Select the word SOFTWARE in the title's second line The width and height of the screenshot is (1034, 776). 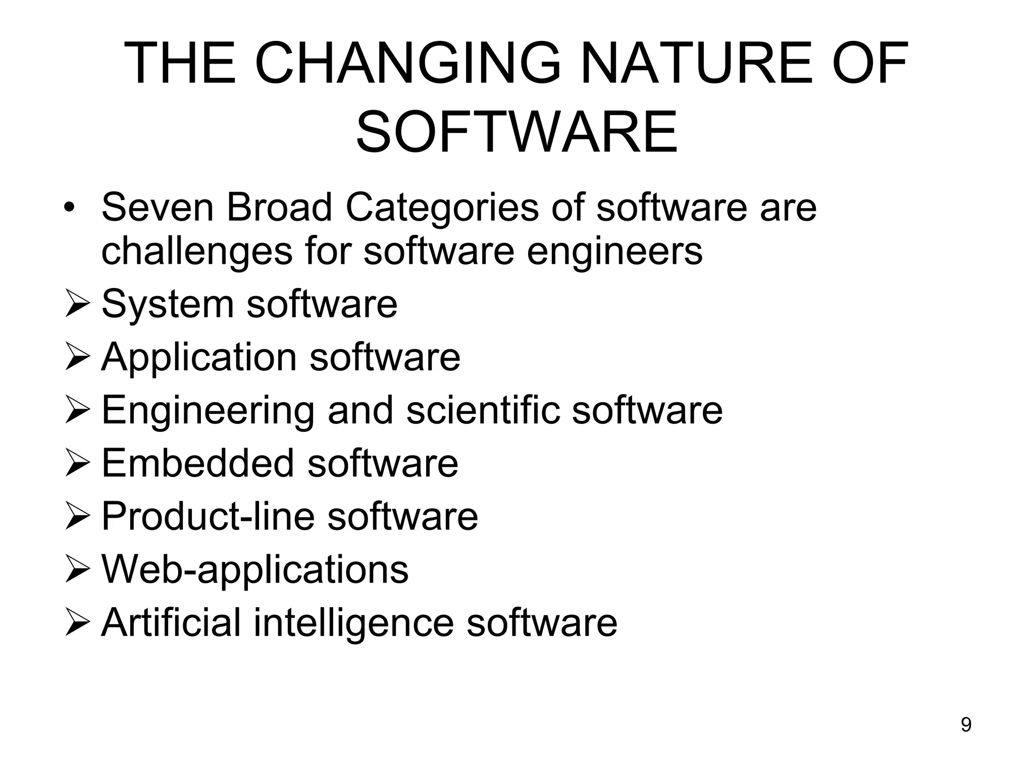516,132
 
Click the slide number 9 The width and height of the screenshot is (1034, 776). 966,725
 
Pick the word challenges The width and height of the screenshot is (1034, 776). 196,251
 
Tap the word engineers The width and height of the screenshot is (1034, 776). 614,252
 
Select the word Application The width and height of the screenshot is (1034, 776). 199,358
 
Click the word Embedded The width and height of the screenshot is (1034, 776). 197,463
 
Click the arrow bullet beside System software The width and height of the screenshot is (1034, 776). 77,305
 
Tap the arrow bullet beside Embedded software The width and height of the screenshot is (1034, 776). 77,463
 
